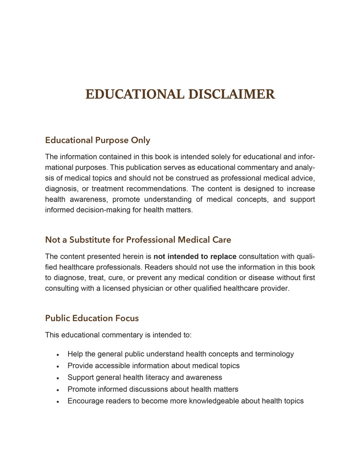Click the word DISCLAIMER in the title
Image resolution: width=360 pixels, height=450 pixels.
[x=232, y=94]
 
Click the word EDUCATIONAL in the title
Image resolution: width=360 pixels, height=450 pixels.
[x=135, y=94]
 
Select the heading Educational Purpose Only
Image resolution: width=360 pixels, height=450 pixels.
[x=98, y=140]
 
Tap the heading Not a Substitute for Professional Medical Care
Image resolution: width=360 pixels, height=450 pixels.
[x=138, y=240]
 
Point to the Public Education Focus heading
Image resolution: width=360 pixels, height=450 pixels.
[x=92, y=318]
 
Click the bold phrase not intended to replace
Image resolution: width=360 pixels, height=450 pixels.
[x=195, y=257]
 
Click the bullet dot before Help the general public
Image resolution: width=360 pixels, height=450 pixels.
[x=58, y=355]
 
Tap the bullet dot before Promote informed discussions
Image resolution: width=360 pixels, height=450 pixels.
[x=58, y=390]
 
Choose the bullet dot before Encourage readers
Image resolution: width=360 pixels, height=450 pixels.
[x=58, y=402]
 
